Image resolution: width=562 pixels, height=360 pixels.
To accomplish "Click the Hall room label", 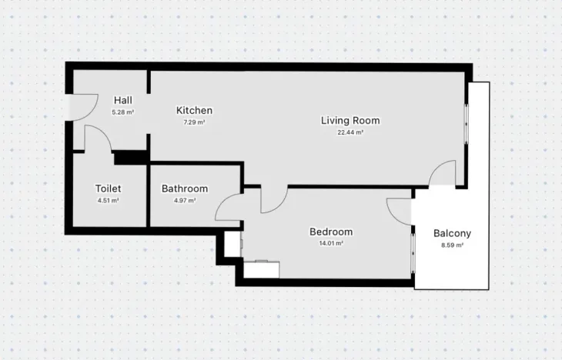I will click(x=123, y=100).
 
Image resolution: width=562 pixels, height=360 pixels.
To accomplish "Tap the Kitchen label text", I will click(x=194, y=110).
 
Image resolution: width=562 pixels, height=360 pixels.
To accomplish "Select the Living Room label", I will click(x=350, y=120).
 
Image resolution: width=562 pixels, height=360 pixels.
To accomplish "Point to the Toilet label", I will click(x=108, y=188).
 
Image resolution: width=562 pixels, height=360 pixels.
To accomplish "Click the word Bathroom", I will click(x=185, y=188).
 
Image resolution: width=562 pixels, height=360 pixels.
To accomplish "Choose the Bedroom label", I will click(x=331, y=232).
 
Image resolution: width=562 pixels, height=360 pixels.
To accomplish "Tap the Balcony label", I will click(x=452, y=234).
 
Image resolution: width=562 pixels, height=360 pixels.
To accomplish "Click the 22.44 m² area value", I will click(x=350, y=132).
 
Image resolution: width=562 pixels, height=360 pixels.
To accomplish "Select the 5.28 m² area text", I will click(x=123, y=112).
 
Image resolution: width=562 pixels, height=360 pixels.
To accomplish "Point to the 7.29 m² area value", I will click(x=194, y=122).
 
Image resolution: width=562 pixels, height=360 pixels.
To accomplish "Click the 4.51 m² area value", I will click(x=108, y=201).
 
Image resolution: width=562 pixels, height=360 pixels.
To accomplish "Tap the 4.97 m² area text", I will click(x=185, y=201).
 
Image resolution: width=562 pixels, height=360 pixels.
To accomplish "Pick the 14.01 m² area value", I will click(x=331, y=243).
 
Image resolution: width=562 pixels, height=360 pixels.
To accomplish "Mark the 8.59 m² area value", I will click(x=452, y=245).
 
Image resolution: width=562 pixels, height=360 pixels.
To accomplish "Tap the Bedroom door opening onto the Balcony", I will click(x=399, y=210).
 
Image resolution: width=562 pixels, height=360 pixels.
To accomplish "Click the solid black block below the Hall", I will click(x=130, y=158).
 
